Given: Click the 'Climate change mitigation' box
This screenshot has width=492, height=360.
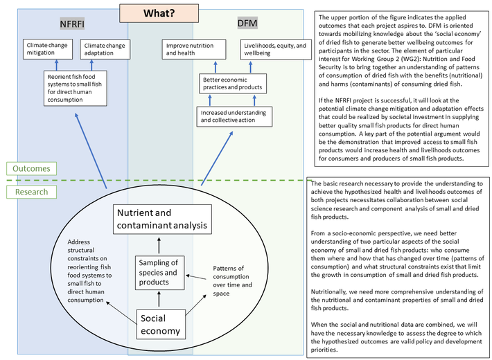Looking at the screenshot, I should tap(49, 49).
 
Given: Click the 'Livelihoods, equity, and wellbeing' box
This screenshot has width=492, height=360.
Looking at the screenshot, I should tap(272, 48).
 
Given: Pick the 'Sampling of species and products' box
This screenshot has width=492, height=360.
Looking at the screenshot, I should tap(159, 271).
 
